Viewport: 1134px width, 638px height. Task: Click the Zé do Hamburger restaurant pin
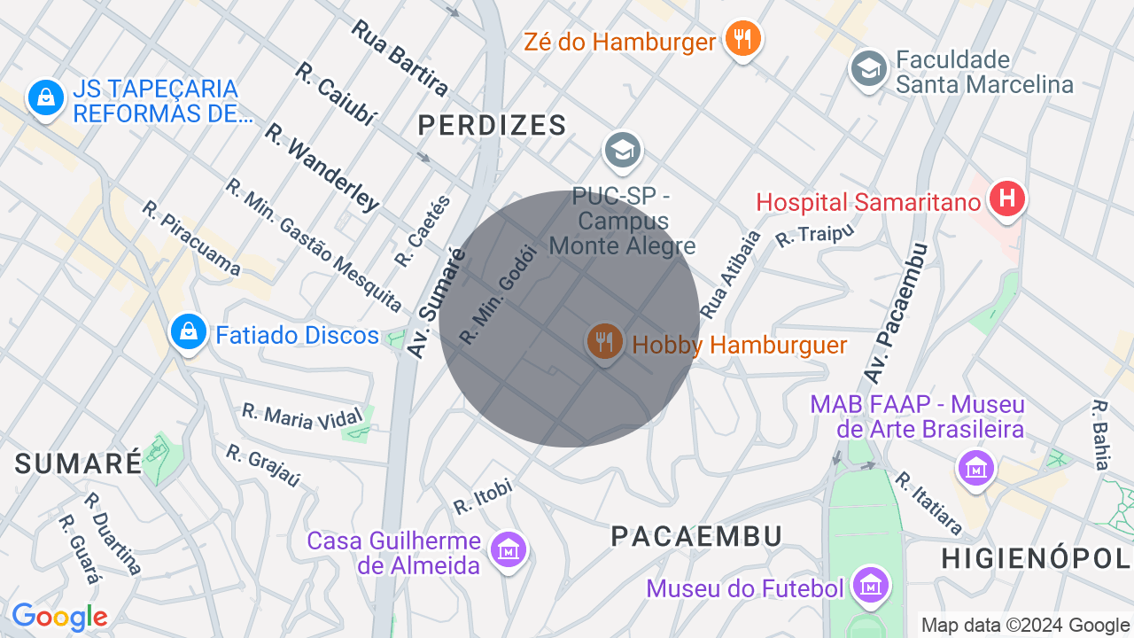pyautogui.click(x=742, y=39)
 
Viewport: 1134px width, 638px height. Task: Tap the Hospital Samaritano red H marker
pyautogui.click(x=1007, y=198)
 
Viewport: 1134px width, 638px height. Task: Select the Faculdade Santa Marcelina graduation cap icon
pyautogui.click(x=868, y=69)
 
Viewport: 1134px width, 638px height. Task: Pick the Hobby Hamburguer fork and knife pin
pyautogui.click(x=604, y=341)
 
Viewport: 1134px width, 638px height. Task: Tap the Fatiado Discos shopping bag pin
pyautogui.click(x=188, y=332)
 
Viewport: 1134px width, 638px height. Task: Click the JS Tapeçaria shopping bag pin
pyautogui.click(x=44, y=97)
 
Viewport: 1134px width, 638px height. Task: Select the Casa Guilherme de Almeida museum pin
pyautogui.click(x=509, y=549)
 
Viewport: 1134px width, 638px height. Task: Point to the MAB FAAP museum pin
pyautogui.click(x=976, y=467)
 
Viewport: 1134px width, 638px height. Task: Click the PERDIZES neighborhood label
pyautogui.click(x=492, y=126)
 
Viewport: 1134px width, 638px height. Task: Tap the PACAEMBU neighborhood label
pyautogui.click(x=697, y=536)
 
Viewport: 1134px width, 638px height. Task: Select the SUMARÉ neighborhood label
pyautogui.click(x=78, y=463)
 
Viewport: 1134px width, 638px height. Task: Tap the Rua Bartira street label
pyautogui.click(x=400, y=57)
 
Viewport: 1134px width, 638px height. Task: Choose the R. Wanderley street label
pyautogui.click(x=322, y=167)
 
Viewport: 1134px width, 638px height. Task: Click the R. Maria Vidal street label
pyautogui.click(x=302, y=416)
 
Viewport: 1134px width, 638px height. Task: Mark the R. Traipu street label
pyautogui.click(x=814, y=235)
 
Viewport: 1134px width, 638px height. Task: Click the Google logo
pyautogui.click(x=59, y=617)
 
